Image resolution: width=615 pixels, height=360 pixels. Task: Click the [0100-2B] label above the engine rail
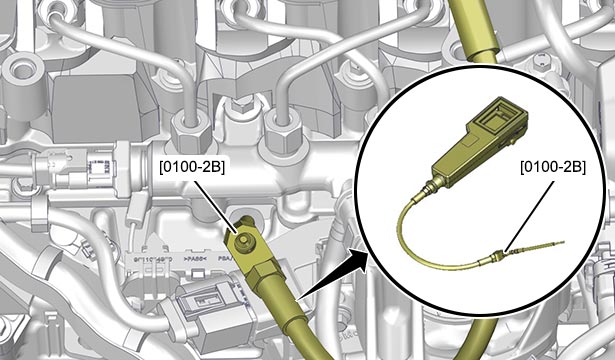(x=192, y=167)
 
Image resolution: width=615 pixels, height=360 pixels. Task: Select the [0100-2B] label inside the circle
(x=553, y=167)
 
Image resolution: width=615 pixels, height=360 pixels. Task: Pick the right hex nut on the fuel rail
(x=284, y=132)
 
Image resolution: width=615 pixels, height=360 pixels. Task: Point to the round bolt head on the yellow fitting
(x=242, y=240)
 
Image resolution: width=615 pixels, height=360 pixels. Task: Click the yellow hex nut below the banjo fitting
(x=262, y=274)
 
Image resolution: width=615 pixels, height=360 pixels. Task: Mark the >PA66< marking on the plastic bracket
(x=195, y=259)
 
